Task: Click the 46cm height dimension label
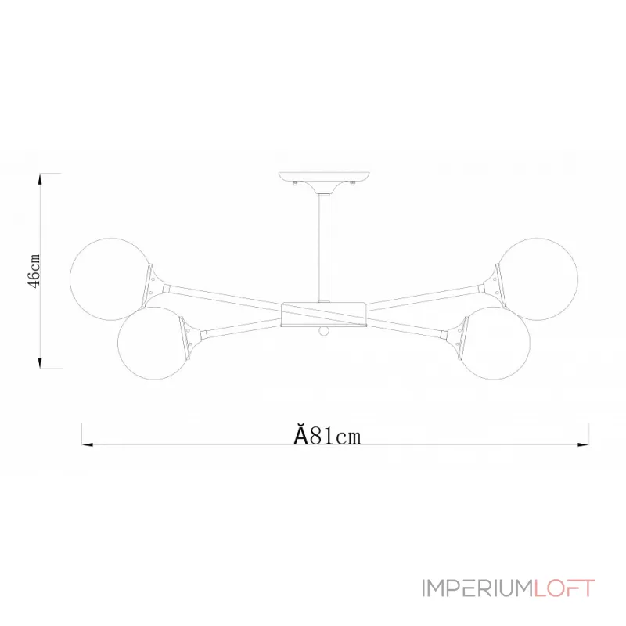point(34,271)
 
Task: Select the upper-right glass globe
point(539,279)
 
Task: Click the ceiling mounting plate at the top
point(323,177)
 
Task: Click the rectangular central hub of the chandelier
point(323,313)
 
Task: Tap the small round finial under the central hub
point(323,332)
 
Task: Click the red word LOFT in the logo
point(563,588)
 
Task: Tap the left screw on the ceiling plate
point(293,185)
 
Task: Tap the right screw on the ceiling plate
point(354,185)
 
